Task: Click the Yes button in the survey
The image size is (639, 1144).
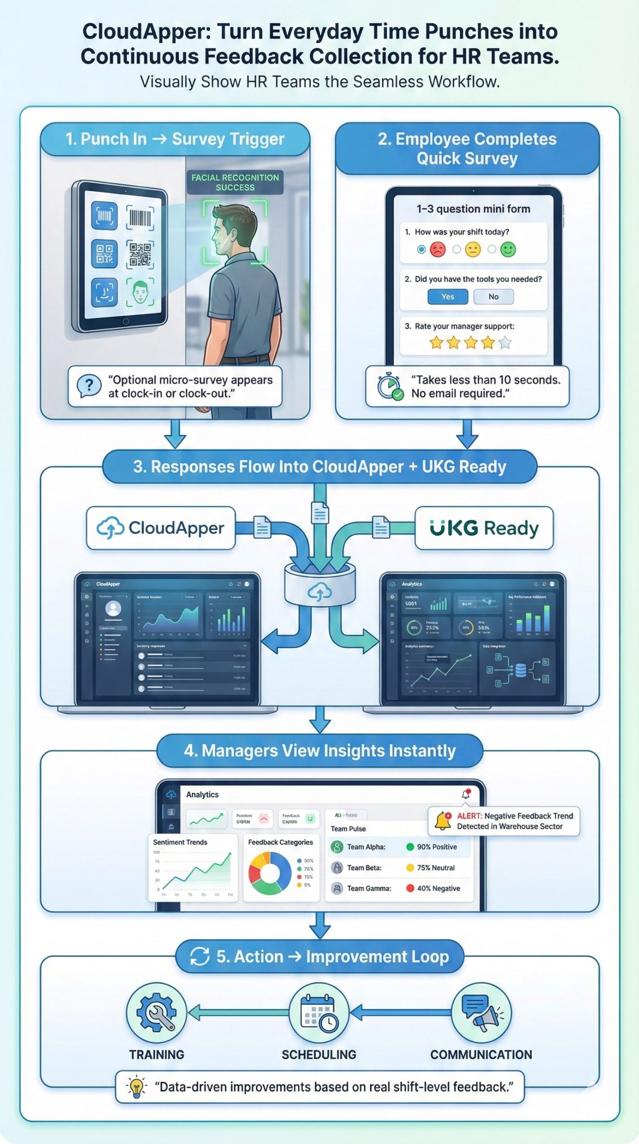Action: tap(448, 297)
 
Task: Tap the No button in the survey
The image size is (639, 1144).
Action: tap(493, 297)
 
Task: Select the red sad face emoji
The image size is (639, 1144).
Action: tap(438, 249)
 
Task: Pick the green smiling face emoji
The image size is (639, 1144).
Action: tap(508, 249)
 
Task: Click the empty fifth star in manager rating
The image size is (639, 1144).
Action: tap(505, 343)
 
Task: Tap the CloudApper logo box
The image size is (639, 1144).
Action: tap(161, 528)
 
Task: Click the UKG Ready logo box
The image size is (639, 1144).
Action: tap(484, 528)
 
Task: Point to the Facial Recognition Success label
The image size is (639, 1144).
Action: tap(235, 182)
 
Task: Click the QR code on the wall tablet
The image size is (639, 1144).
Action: tap(140, 254)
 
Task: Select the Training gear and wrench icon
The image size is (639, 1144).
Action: tap(156, 1013)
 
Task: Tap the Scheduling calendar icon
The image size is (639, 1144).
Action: tap(319, 1013)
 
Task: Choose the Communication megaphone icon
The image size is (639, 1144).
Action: tap(481, 1013)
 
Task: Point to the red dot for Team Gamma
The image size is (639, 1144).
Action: tap(410, 888)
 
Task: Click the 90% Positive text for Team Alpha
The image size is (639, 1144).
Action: tap(437, 847)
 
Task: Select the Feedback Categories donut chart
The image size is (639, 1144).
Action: tap(270, 873)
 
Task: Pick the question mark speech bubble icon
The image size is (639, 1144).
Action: tap(89, 386)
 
